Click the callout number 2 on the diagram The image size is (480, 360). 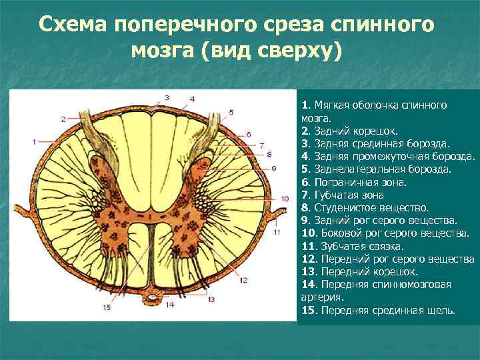coord(63,119)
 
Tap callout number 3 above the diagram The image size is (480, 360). coord(167,97)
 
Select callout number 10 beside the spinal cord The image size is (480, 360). coord(284,198)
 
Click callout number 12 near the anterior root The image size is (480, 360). coord(244,280)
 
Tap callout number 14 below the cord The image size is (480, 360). coord(170,305)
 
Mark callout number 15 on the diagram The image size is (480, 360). coord(106,307)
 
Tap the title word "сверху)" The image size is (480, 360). coord(297,51)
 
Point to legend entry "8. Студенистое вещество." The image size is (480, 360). coord(365,207)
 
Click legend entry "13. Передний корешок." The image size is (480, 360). coord(360,271)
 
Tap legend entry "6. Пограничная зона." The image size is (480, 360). coord(354,182)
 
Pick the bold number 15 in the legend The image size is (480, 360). coord(309,310)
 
